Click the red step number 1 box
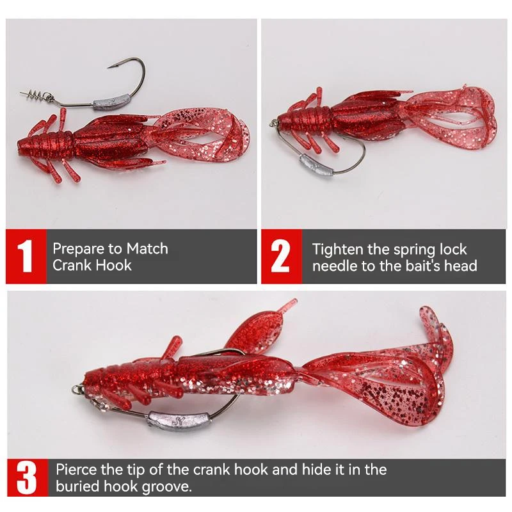26,256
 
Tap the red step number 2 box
280,256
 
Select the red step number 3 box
26,479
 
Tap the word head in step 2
462,265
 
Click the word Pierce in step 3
77,470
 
